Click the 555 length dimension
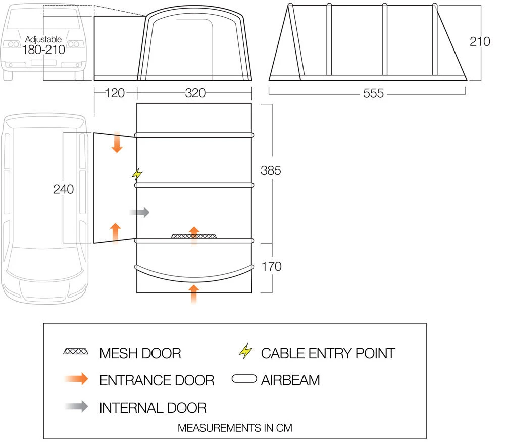373,94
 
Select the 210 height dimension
480,41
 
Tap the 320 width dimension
195,94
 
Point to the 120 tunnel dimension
116,94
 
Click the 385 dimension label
271,171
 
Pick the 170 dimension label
271,266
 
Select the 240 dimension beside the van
63,189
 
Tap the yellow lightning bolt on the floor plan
137,174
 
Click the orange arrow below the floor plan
193,293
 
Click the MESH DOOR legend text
140,353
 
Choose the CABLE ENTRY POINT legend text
328,353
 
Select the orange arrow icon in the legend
76,379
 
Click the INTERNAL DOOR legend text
153,407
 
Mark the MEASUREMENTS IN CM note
235,428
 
